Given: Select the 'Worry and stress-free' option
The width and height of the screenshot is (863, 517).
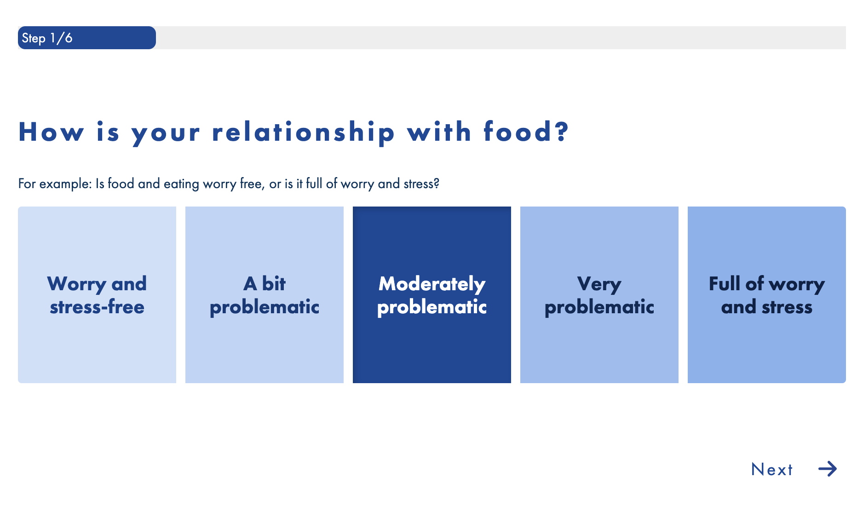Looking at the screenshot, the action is pyautogui.click(x=97, y=295).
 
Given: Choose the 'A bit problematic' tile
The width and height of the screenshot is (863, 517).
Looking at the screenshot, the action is pyautogui.click(x=265, y=295).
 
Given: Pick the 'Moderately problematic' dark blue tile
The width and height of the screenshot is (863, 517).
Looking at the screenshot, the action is pyautogui.click(x=432, y=295).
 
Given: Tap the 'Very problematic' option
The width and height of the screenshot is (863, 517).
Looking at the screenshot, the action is pyautogui.click(x=599, y=295).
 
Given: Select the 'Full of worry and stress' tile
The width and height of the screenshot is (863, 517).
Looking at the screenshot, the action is pyautogui.click(x=767, y=295).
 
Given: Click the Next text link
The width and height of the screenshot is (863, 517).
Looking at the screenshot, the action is pyautogui.click(x=772, y=470).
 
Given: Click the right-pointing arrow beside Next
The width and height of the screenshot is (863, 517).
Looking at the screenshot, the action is pyautogui.click(x=828, y=469).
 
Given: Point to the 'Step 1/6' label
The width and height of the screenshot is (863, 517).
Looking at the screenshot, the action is pyautogui.click(x=47, y=38).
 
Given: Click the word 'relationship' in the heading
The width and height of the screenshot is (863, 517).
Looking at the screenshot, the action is pyautogui.click(x=303, y=133).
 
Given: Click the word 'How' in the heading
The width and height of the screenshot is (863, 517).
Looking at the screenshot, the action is pyautogui.click(x=51, y=132).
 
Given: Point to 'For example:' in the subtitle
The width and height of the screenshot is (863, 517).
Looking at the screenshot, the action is pyautogui.click(x=55, y=184).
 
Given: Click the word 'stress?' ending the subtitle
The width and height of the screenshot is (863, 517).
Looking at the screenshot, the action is pyautogui.click(x=421, y=184).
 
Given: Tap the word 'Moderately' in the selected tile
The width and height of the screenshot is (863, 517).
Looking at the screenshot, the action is pyautogui.click(x=432, y=284).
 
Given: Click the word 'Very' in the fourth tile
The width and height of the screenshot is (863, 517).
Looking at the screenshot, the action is pyautogui.click(x=599, y=284).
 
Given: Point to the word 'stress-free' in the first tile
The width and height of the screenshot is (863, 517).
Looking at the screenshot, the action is pyautogui.click(x=97, y=307).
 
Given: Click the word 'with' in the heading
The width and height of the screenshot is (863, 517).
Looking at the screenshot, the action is pyautogui.click(x=439, y=132).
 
